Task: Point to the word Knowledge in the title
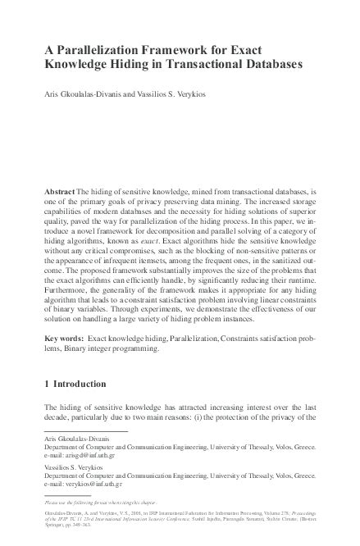[76, 64]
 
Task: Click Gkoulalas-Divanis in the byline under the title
[89, 94]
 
